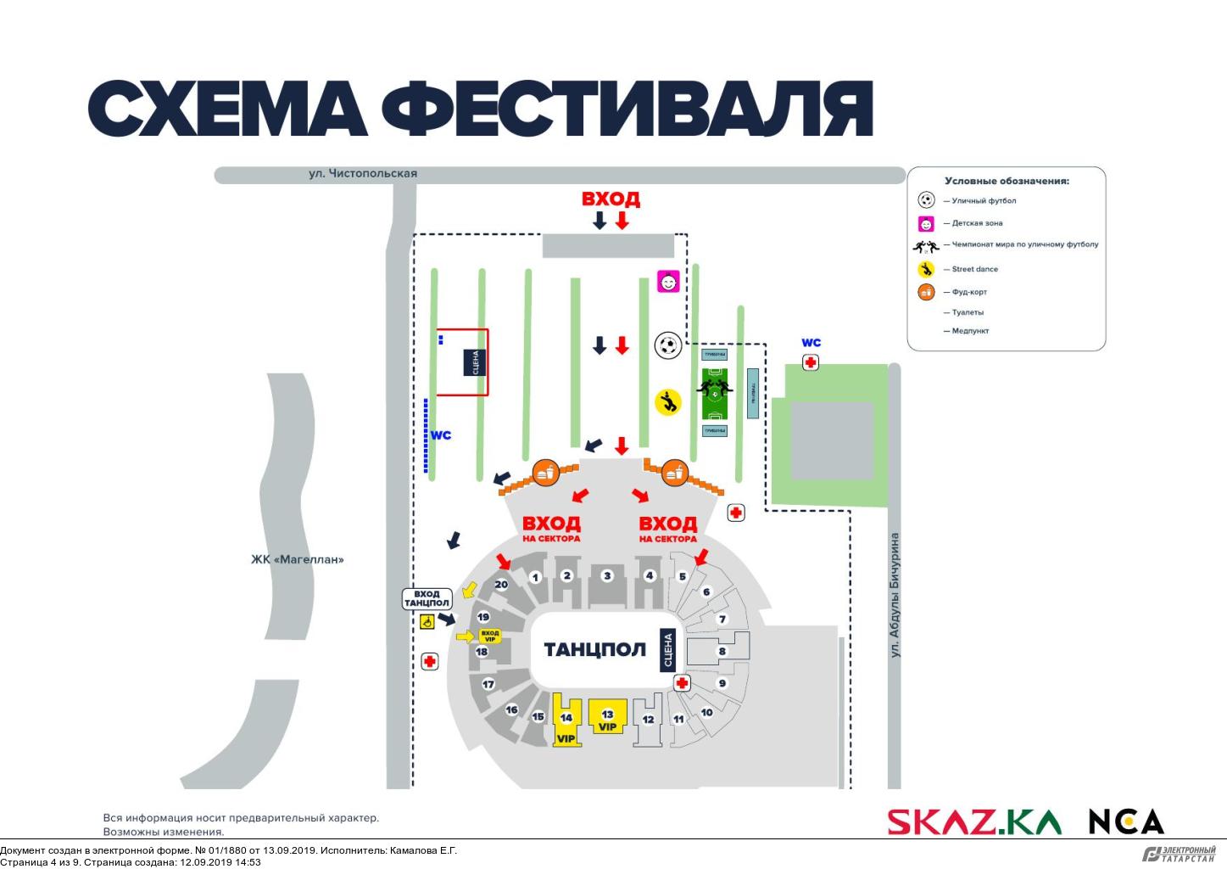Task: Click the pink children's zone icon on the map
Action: pyautogui.click(x=669, y=281)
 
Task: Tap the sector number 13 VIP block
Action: pyautogui.click(x=607, y=718)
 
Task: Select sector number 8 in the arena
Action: pyautogui.click(x=722, y=652)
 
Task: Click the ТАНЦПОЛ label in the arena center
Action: pyautogui.click(x=594, y=650)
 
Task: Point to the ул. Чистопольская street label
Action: pyautogui.click(x=362, y=173)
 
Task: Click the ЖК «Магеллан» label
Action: pyautogui.click(x=298, y=559)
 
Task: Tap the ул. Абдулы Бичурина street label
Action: pyautogui.click(x=895, y=594)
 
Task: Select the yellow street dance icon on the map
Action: pyautogui.click(x=668, y=401)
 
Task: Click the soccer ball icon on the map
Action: pyautogui.click(x=668, y=345)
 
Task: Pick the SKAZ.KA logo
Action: pyautogui.click(x=974, y=821)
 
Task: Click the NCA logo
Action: pyautogui.click(x=1126, y=821)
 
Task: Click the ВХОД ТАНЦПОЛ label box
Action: pyautogui.click(x=427, y=598)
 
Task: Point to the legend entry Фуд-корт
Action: pyautogui.click(x=968, y=292)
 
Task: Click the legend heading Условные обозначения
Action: pyautogui.click(x=1007, y=181)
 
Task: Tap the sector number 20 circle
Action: pyautogui.click(x=501, y=584)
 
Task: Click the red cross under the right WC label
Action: pyautogui.click(x=811, y=362)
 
